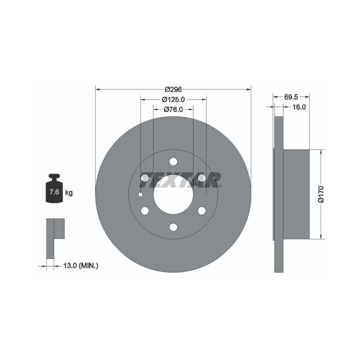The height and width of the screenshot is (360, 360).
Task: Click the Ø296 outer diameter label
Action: click(173, 89)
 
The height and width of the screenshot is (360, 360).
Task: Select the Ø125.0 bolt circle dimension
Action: click(173, 99)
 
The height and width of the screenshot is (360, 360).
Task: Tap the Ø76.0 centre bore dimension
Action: click(173, 109)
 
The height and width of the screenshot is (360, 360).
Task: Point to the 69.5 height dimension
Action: click(291, 97)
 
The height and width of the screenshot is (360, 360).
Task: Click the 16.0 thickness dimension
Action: click(298, 107)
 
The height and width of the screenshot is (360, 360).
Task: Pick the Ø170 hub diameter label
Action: click(321, 194)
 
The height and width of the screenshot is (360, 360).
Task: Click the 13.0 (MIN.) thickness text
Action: click(80, 266)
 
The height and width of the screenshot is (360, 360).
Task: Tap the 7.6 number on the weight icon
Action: click(54, 191)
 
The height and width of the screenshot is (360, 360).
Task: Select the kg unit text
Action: click(69, 193)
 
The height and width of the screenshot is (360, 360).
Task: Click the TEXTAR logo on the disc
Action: click(180, 180)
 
